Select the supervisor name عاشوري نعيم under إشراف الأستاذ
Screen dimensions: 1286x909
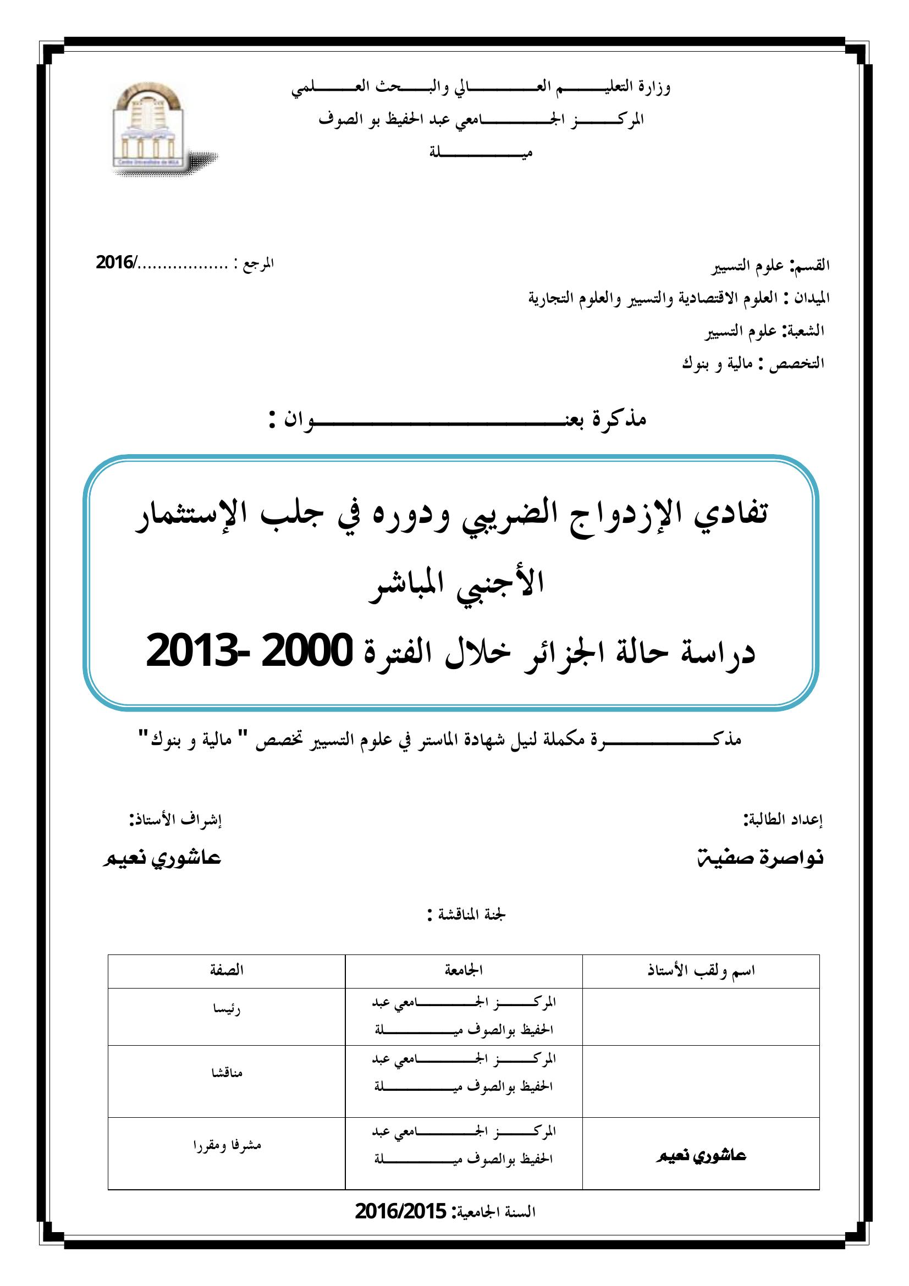pos(162,858)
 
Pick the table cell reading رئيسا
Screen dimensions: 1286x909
pos(226,1008)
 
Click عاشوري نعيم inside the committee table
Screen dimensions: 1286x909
pos(701,1156)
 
